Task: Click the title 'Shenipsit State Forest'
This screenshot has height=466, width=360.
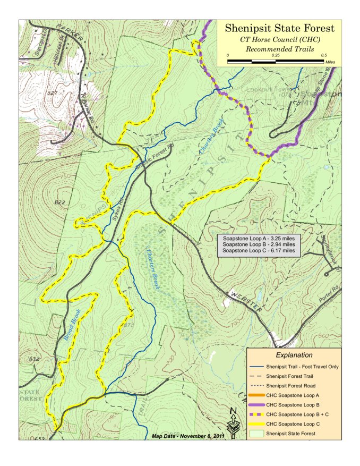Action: [x=279, y=28]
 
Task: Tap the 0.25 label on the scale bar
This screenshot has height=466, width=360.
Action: [x=276, y=55]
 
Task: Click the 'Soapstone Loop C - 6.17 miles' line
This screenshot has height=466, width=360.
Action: [x=258, y=250]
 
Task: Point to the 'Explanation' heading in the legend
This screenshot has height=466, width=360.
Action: [x=294, y=355]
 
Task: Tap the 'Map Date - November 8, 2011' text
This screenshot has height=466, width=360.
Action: [x=188, y=436]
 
